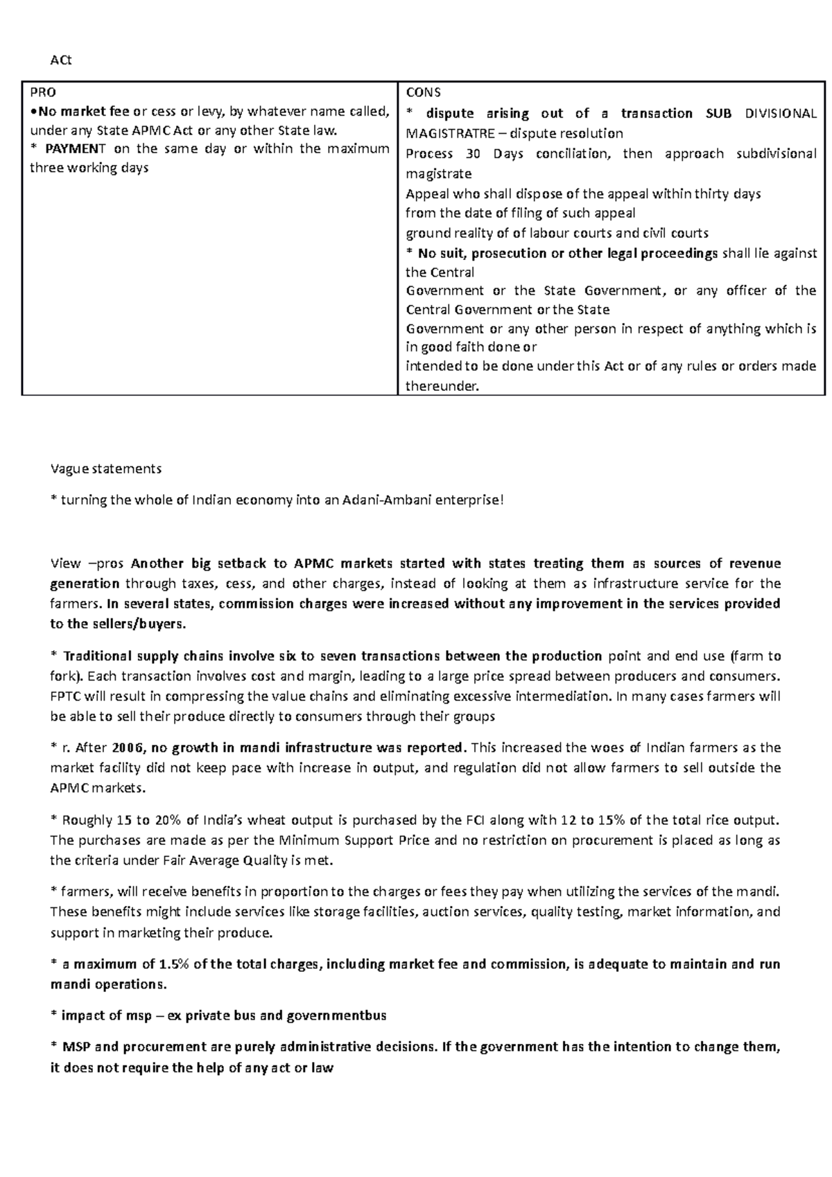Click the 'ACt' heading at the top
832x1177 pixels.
pos(61,60)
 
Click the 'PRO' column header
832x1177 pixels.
pos(42,92)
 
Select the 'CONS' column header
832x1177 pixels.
pos(423,92)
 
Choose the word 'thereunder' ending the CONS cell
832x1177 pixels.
pos(441,386)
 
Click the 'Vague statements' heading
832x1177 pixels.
pos(105,469)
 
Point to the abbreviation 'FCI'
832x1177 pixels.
pos(451,820)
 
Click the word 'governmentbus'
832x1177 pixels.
pos(336,1015)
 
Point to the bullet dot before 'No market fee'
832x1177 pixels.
pos(33,112)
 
